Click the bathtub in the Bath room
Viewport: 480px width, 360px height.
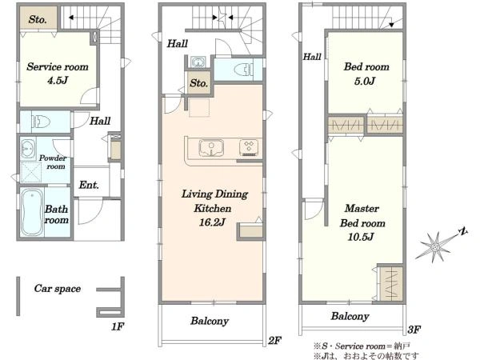pos(32,212)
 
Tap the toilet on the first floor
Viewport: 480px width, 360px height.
pos(41,122)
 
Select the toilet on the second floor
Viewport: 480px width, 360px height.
pos(244,70)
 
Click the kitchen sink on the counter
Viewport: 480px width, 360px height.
pos(211,148)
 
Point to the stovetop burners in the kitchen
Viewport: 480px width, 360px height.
pos(249,147)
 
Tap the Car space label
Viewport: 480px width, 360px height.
pos(58,288)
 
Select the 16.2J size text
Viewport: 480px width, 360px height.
pos(213,222)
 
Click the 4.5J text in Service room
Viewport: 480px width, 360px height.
pos(58,81)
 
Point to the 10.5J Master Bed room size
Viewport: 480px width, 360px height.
pos(361,237)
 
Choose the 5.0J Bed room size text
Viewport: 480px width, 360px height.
pos(365,81)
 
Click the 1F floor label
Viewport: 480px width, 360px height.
pos(118,326)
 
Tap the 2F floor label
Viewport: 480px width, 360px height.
pos(274,340)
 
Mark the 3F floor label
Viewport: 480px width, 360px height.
pos(414,330)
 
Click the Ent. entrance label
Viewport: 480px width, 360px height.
pos(89,185)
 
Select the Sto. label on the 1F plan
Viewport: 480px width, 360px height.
pos(38,19)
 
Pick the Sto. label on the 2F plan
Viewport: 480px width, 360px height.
pos(198,82)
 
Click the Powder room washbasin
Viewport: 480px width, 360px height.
pos(28,149)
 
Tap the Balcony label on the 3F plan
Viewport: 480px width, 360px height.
pos(350,316)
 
